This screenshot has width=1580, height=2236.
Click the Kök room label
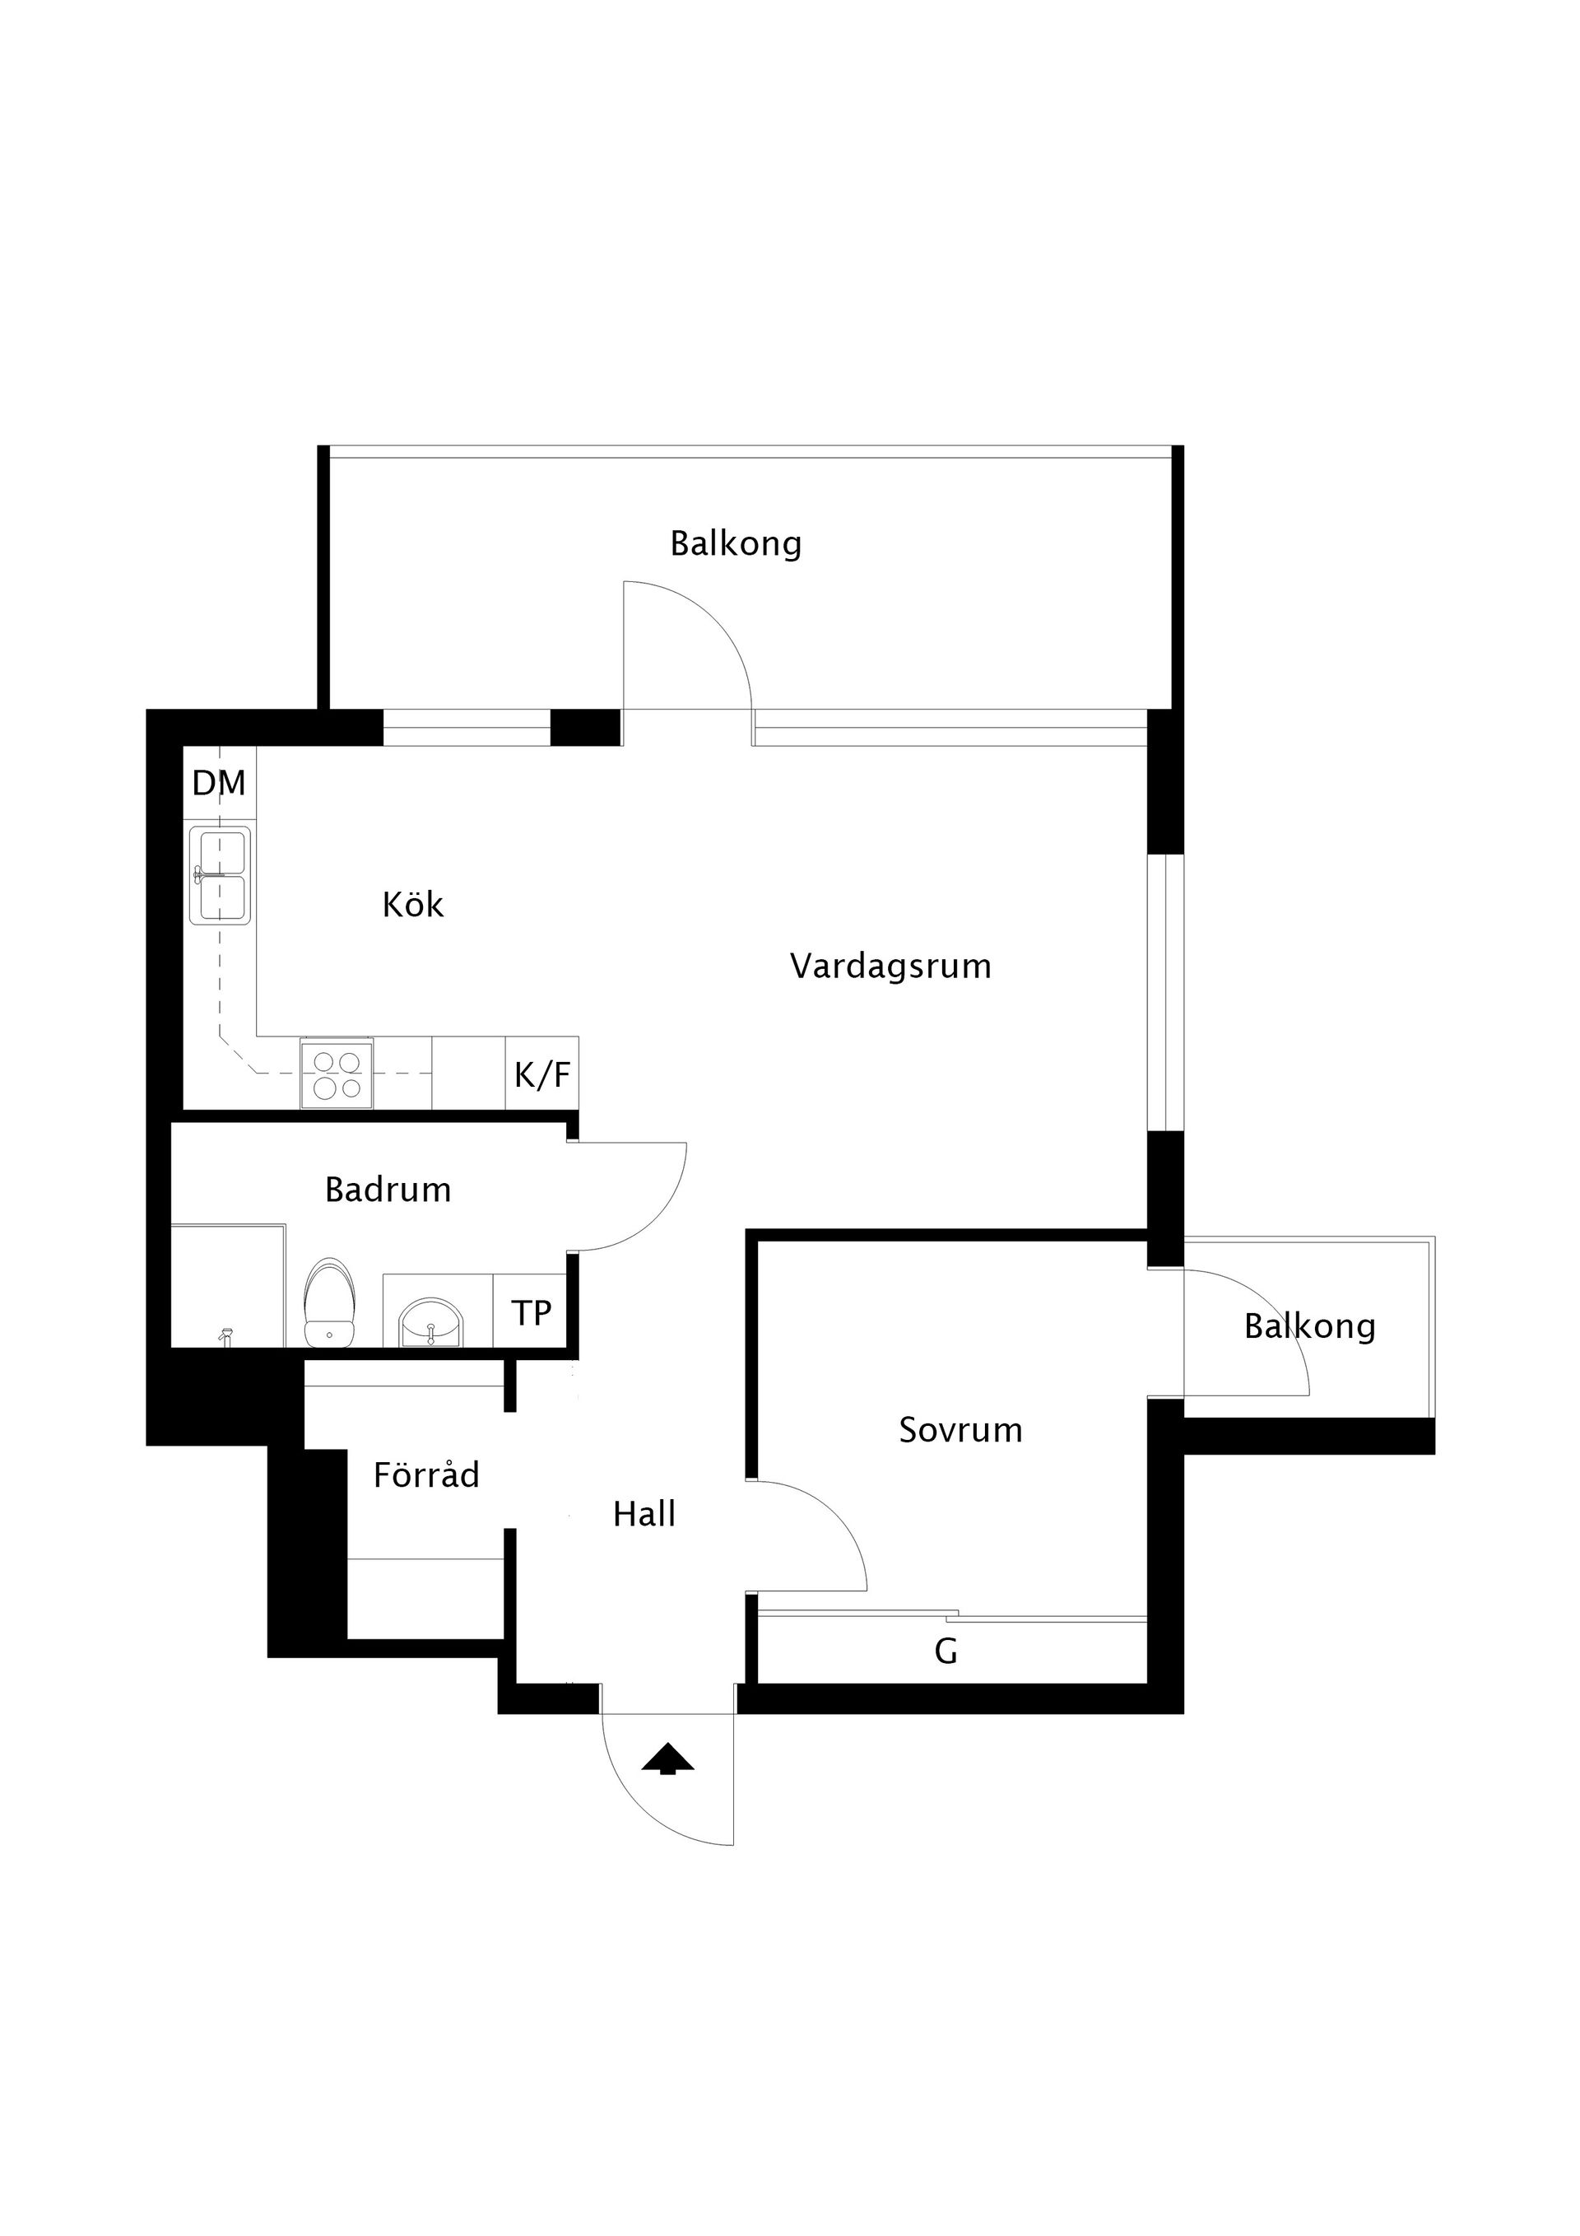(x=413, y=905)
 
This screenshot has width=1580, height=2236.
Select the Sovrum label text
(x=961, y=1430)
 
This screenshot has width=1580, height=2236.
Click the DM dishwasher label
(x=219, y=783)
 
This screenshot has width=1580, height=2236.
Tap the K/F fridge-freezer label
(x=542, y=1074)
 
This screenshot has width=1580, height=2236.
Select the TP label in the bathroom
(x=532, y=1313)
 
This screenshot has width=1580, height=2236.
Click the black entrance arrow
(x=668, y=1758)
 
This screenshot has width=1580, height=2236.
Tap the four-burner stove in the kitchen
(x=337, y=1074)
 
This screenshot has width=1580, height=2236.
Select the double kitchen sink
(x=220, y=874)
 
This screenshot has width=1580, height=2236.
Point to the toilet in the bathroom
(x=330, y=1305)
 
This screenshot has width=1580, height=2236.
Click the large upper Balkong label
(x=736, y=543)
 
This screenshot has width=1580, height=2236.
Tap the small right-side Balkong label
(x=1309, y=1326)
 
